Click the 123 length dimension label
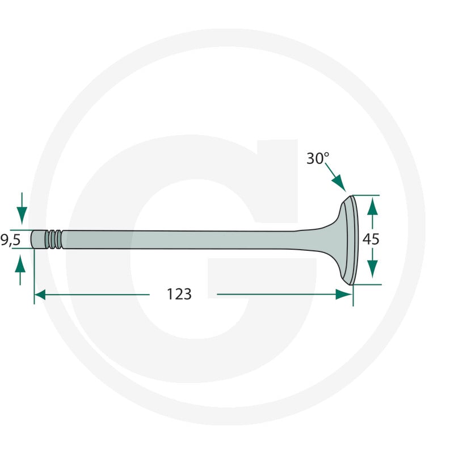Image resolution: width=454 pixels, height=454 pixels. (179, 294)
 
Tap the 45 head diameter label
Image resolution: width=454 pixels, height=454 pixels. (371, 239)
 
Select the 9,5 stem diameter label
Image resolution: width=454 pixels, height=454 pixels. (10, 240)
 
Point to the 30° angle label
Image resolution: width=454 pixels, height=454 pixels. (318, 158)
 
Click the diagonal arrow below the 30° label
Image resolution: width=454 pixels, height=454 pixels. (335, 177)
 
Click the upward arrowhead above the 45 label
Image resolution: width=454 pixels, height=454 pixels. (372, 207)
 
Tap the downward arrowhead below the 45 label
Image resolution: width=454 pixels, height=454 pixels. (372, 268)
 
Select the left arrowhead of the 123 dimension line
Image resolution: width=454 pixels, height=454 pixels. (40, 295)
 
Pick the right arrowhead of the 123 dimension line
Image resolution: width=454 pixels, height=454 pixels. (344, 295)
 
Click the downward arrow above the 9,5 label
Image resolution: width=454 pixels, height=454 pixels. (22, 208)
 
